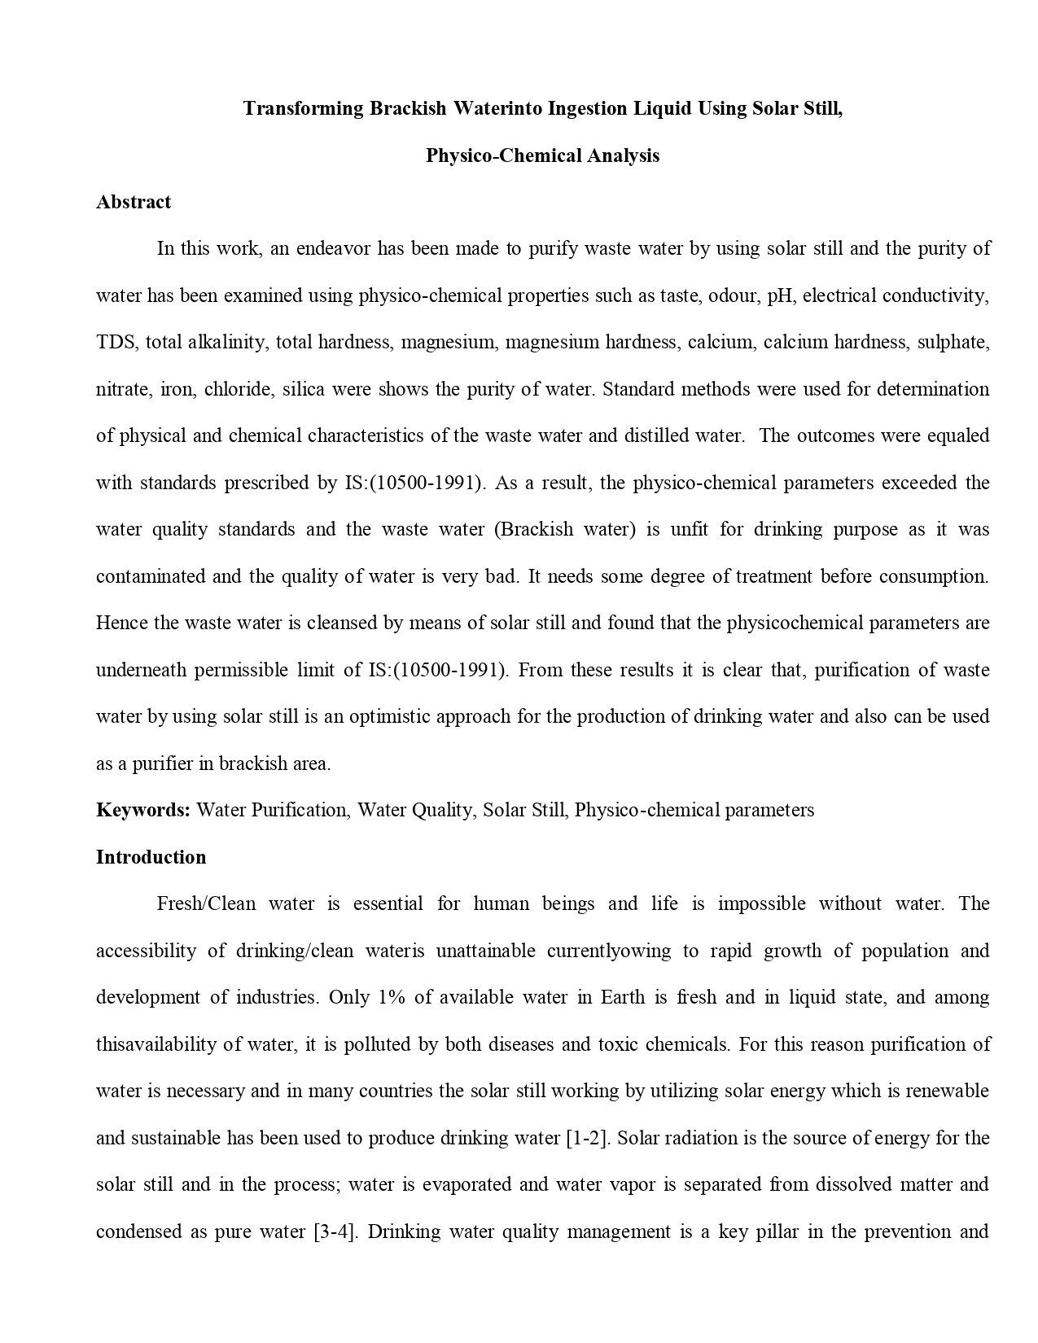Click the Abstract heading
134,202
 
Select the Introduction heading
151,857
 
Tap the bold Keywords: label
143,810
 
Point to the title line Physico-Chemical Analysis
542,155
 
